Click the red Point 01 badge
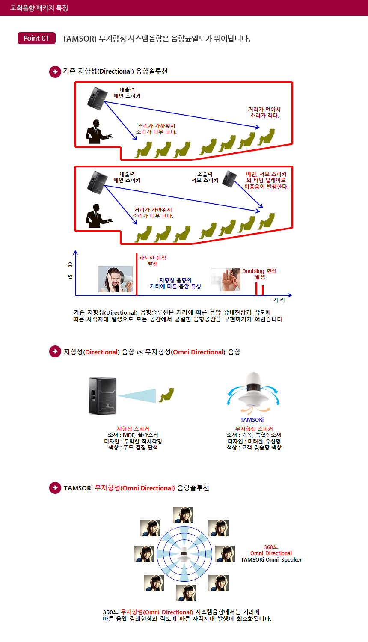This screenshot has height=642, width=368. tap(36, 38)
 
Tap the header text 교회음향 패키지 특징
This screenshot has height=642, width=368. tap(39, 8)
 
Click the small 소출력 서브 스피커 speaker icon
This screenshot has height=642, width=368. tap(230, 179)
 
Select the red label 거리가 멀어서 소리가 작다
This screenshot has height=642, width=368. tap(264, 113)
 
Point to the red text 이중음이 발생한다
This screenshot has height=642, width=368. tap(266, 187)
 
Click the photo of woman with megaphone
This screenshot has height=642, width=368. tap(115, 279)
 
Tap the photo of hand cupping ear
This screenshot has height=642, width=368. tap(225, 279)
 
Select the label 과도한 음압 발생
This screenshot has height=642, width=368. tap(152, 261)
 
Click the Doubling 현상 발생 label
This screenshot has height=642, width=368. tap(259, 274)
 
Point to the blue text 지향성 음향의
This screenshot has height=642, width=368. tap(175, 280)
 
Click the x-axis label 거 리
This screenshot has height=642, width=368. tap(279, 300)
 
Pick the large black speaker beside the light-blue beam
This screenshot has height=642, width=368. tap(103, 396)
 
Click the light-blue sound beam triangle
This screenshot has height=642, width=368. tap(137, 396)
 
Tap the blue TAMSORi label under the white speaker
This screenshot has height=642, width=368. tap(252, 419)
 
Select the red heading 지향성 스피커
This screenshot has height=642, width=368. tap(133, 429)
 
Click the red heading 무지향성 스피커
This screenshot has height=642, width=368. tap(254, 429)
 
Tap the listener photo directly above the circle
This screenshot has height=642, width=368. tap(183, 515)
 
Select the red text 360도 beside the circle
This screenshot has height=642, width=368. tap(271, 547)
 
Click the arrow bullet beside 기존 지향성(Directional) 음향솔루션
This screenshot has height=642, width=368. tap(55, 71)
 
